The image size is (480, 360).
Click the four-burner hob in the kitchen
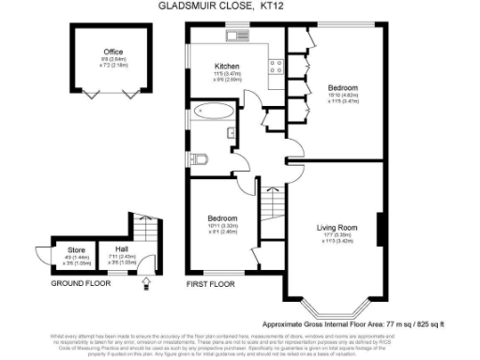277,66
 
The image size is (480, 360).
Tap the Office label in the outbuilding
114,52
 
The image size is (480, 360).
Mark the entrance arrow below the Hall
143,284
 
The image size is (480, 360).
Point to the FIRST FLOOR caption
210,282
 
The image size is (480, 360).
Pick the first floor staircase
271,202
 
